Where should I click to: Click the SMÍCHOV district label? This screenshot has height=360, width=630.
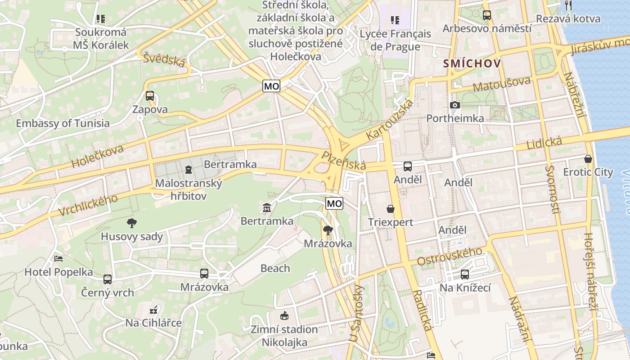tap(472, 63)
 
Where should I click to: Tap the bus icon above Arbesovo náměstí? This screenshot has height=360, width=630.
tap(486, 15)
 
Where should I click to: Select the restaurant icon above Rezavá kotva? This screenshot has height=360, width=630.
tap(568, 5)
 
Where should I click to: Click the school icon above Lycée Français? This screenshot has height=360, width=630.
tap(395, 20)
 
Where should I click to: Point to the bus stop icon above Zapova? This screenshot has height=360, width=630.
tap(150, 96)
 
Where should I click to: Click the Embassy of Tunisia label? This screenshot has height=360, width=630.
tap(63, 123)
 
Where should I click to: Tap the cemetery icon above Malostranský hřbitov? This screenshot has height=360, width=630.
tap(188, 170)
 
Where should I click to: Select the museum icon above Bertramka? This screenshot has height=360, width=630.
tap(267, 208)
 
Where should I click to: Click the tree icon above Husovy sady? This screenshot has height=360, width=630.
tap(132, 223)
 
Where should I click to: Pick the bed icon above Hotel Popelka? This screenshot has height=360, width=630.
tap(58, 259)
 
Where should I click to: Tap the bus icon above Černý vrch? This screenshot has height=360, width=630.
tap(108, 279)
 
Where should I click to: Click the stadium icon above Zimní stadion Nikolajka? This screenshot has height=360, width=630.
tap(284, 315)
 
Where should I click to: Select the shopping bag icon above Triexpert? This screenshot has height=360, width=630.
tap(390, 209)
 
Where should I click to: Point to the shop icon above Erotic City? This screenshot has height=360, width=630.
tap(588, 159)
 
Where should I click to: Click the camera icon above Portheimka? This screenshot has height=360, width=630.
tap(455, 105)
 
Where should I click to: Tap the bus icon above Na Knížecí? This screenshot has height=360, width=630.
tap(465, 274)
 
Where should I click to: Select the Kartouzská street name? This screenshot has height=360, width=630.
tap(389, 119)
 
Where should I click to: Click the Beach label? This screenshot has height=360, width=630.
tap(275, 269)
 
